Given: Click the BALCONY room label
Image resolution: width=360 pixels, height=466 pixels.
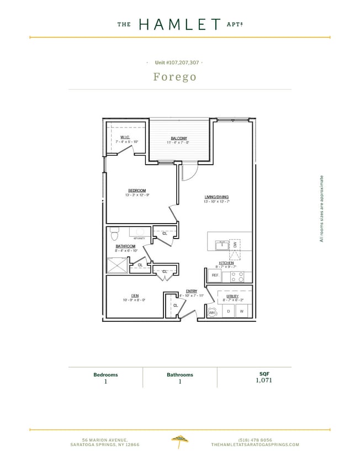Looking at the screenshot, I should [178, 138].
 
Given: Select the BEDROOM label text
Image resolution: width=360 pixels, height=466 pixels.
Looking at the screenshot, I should [137, 190].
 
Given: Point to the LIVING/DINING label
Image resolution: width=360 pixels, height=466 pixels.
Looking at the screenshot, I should [216, 197].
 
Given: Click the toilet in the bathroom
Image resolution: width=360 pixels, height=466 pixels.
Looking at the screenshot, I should [115, 235].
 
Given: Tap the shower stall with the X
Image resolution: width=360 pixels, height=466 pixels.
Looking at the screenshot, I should [117, 266].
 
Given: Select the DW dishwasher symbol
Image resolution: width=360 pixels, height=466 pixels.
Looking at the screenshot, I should [235, 245].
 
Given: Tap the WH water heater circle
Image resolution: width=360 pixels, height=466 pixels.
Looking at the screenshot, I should [211, 312].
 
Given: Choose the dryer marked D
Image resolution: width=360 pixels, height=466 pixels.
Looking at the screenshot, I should [229, 311].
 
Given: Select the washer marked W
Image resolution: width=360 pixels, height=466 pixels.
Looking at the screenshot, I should [242, 311].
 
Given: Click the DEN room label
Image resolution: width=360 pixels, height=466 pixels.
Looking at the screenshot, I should [134, 295].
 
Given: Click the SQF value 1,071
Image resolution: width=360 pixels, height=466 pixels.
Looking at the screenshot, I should [264, 380].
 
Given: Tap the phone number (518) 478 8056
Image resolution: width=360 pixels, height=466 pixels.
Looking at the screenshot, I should [255, 439].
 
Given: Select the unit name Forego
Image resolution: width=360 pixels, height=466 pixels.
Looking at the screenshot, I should [174, 76].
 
